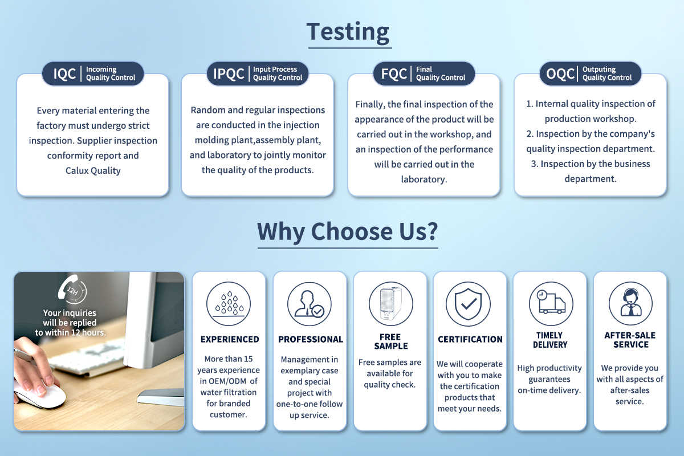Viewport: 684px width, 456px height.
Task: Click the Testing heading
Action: pos(348,32)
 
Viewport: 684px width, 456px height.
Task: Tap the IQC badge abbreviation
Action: pos(64,74)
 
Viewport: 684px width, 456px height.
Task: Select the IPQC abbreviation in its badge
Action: pos(229,74)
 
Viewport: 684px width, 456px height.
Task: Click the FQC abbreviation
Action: pos(394,74)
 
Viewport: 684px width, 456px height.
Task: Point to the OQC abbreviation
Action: pos(560,74)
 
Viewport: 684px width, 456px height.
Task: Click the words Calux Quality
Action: pos(93,170)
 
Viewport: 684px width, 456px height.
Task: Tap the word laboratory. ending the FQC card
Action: pos(424,180)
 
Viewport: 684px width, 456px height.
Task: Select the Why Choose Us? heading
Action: pos(348,231)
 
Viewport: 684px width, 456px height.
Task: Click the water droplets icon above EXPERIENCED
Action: pos(229,304)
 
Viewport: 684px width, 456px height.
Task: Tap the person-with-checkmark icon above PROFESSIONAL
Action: pos(310,304)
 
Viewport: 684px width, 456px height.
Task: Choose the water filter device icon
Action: pos(391,304)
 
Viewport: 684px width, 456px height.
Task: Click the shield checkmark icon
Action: pos(468,304)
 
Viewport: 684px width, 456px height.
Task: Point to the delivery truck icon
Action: pos(551,304)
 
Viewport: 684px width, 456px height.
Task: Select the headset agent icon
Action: pos(630,303)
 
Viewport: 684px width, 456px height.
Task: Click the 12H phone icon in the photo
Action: pos(72,289)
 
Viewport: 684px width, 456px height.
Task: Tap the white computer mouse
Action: pos(40,396)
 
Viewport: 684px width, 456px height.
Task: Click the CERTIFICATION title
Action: pos(470,339)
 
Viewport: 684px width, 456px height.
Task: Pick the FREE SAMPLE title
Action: pos(391,341)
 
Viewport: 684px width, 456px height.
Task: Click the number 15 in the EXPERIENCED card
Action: pos(248,359)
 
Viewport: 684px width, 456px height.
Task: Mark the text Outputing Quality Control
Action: pos(606,74)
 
